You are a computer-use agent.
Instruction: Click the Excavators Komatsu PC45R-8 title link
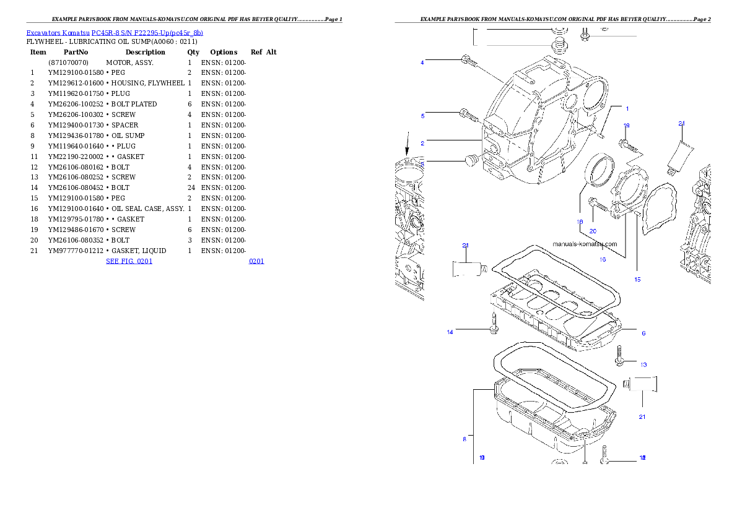point(115,33)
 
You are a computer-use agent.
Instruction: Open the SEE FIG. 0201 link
point(129,261)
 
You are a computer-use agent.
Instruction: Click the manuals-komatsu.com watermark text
point(585,244)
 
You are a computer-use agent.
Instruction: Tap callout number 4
point(422,62)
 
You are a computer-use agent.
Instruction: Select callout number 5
point(422,116)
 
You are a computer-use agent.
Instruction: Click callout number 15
point(637,279)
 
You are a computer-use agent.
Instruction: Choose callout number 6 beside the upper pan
point(643,333)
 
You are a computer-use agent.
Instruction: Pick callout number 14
point(450,332)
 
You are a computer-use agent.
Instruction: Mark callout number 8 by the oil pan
point(464,439)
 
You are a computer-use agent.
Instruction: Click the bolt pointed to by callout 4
point(468,61)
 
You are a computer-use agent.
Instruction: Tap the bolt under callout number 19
point(626,145)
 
